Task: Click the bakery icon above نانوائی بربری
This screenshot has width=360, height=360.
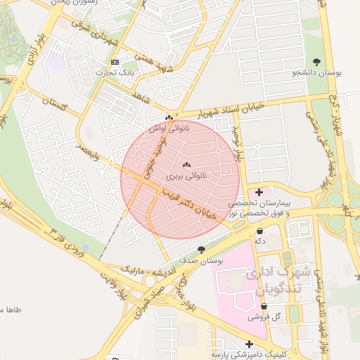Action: pos(176,165)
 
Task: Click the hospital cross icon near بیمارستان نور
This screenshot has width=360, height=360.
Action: pos(259,191)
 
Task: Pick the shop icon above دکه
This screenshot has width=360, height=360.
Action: pos(260,230)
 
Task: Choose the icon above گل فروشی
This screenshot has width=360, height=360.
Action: pos(264,307)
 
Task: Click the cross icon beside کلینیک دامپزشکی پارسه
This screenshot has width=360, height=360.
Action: pos(249,344)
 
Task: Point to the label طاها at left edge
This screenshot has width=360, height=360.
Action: pos(12,309)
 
